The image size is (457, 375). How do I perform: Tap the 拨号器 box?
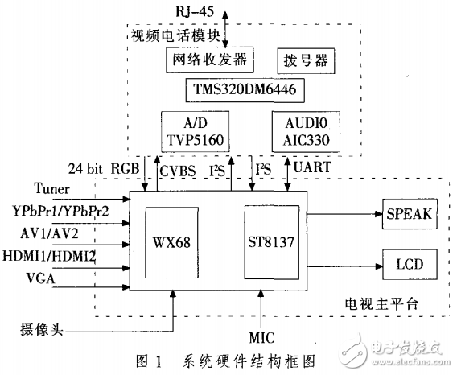307,60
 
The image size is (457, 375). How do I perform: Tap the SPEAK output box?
408,215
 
